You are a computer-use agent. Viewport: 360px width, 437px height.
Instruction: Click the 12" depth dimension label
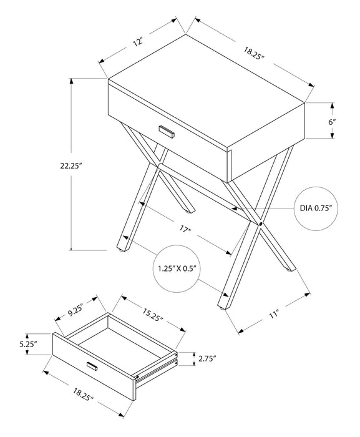139,43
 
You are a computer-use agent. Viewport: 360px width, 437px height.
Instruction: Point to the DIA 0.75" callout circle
314,209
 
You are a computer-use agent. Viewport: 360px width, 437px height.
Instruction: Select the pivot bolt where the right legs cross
259,223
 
